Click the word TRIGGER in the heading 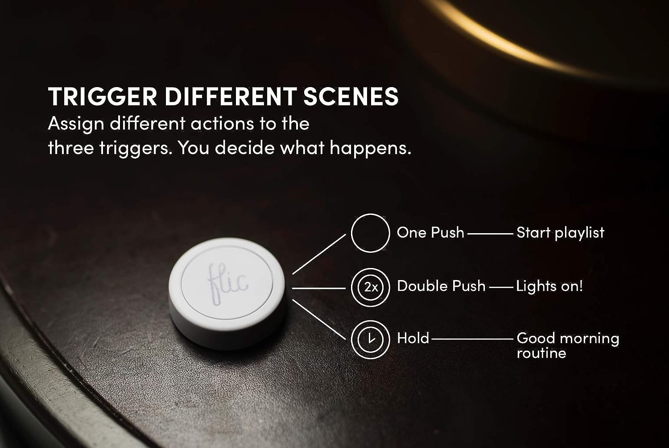pos(103,96)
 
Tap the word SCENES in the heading pos(351,96)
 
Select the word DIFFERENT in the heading pos(231,96)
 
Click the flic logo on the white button pos(228,284)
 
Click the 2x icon pos(370,287)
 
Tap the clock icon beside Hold pos(370,339)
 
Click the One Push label pos(430,232)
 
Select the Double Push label pos(441,286)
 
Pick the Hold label pos(413,338)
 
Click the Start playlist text pos(560,233)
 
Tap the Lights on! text pos(549,286)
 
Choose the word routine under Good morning pos(541,353)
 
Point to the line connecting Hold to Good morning pos(472,339)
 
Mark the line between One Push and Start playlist pos(491,234)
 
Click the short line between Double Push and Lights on pos(501,287)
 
